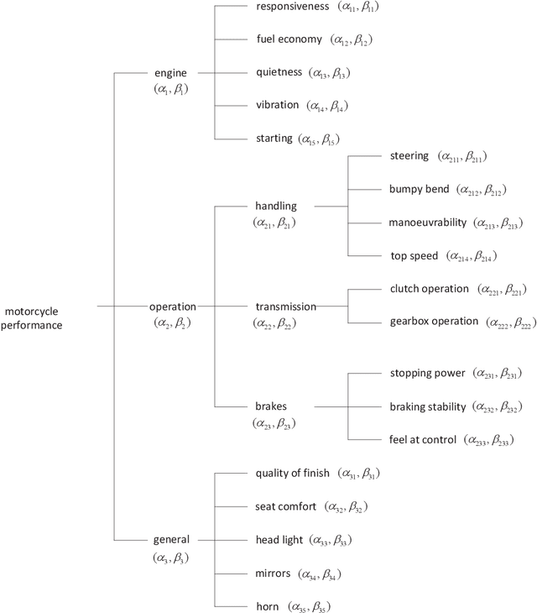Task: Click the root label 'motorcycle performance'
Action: pyautogui.click(x=34, y=318)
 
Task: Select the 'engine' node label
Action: pyautogui.click(x=172, y=73)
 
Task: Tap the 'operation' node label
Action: pyautogui.click(x=172, y=306)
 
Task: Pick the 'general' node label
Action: pyautogui.click(x=171, y=539)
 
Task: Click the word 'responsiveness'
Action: pyautogui.click(x=290, y=6)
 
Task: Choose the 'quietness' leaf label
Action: pyautogui.click(x=278, y=72)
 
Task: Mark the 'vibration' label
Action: pyautogui.click(x=277, y=105)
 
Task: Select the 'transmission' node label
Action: pyautogui.click(x=285, y=306)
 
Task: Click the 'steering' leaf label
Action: pyautogui.click(x=409, y=156)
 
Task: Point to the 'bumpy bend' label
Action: pyautogui.click(x=419, y=189)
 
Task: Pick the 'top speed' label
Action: pyautogui.click(x=414, y=255)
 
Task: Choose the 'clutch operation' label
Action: pyautogui.click(x=429, y=289)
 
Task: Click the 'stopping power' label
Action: pyautogui.click(x=427, y=373)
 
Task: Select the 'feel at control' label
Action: pyautogui.click(x=423, y=439)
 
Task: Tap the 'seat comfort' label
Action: pyautogui.click(x=286, y=506)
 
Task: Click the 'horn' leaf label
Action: pyautogui.click(x=268, y=605)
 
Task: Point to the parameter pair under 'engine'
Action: pyautogui.click(x=171, y=89)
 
